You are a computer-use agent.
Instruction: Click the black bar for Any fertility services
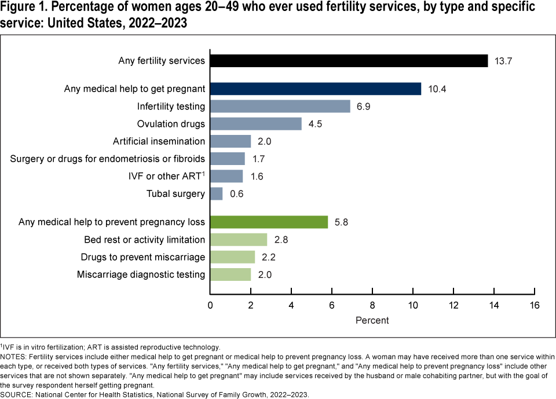click(349, 61)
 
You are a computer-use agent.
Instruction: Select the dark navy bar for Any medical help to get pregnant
click(315, 89)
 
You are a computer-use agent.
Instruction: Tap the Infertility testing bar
click(280, 106)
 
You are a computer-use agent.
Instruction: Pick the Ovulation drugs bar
click(255, 124)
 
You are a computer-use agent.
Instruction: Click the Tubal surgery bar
click(216, 193)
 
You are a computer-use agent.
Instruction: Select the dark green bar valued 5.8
click(269, 222)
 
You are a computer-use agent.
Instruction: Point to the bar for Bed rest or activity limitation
click(238, 239)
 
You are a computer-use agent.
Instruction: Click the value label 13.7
click(503, 61)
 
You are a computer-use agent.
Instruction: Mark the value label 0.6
click(236, 194)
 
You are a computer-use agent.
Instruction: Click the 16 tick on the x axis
click(534, 305)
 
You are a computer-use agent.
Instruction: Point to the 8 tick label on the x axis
click(372, 305)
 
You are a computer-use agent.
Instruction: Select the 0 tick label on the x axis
click(210, 305)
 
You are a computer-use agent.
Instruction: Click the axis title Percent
click(372, 320)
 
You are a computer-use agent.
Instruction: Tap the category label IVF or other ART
click(165, 176)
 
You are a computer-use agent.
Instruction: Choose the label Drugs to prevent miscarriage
click(145, 257)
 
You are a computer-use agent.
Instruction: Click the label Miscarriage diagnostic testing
click(141, 274)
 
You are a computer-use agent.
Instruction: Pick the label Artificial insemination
click(159, 141)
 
